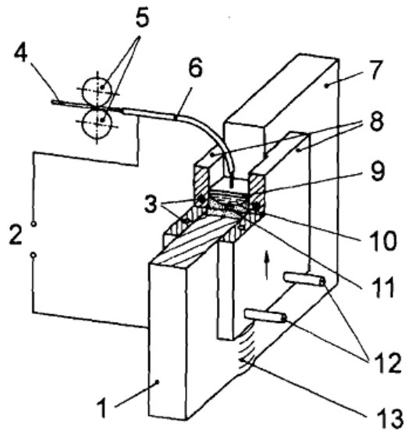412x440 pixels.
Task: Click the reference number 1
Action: (x=102, y=408)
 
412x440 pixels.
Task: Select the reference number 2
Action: (x=16, y=234)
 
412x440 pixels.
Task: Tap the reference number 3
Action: (x=151, y=204)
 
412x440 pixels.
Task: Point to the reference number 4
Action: (x=21, y=52)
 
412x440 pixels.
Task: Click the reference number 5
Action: (x=142, y=19)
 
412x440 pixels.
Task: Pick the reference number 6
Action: (x=195, y=69)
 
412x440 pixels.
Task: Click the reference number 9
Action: (x=378, y=171)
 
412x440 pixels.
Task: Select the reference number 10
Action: (x=382, y=241)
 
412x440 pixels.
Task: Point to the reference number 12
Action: (x=385, y=363)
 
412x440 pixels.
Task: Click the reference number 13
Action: (x=389, y=417)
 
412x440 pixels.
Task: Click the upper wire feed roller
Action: (x=97, y=91)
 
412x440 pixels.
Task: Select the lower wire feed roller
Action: (x=97, y=123)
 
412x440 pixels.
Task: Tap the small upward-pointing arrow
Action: (x=267, y=265)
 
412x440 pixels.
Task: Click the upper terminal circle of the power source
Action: (x=34, y=224)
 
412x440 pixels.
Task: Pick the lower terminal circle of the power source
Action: (x=34, y=255)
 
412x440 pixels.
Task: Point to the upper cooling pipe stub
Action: (x=304, y=279)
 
